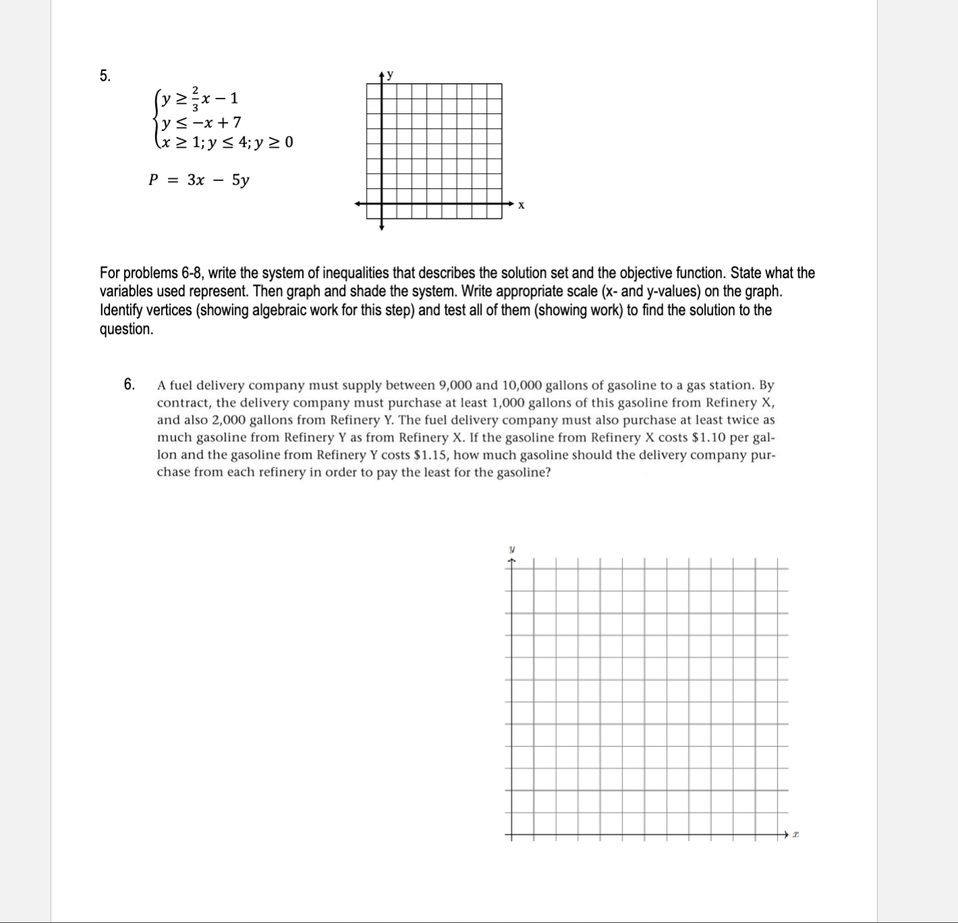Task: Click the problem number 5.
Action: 104,76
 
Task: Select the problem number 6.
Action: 129,385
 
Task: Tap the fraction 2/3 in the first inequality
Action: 196,99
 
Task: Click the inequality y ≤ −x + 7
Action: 200,122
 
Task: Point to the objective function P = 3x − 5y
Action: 199,180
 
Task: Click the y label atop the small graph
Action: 390,74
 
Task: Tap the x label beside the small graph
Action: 521,205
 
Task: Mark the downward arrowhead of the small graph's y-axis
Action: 382,228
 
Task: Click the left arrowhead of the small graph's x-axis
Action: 359,203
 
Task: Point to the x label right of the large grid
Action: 796,835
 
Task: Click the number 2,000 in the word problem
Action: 229,420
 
